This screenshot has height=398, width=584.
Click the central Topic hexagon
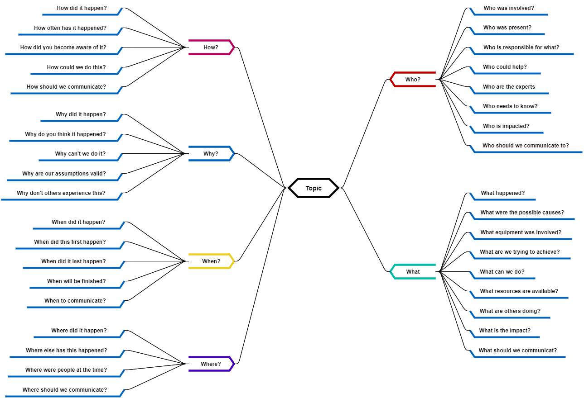coord(314,188)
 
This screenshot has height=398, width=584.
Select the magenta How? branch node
coord(211,47)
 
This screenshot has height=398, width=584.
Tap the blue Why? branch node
coord(211,154)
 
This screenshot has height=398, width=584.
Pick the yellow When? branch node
coord(211,261)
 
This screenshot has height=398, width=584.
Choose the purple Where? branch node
coord(211,364)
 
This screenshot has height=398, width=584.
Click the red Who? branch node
coord(413,79)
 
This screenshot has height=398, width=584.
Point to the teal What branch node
coord(413,272)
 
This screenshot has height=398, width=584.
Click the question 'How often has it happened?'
coord(70,28)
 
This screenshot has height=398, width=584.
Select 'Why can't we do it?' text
coord(80,154)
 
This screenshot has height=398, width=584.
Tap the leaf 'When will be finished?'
coord(76,281)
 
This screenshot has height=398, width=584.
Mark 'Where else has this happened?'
coord(66,351)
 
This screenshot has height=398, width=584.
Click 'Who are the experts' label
coord(509,87)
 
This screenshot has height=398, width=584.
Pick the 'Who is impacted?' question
coord(506,126)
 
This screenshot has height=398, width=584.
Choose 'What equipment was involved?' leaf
coord(521,232)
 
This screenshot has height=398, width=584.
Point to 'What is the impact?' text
coord(505,331)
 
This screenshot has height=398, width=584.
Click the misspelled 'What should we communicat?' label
coord(517,351)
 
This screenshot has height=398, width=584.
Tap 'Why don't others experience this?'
coord(61,193)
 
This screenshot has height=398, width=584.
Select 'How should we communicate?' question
coord(66,87)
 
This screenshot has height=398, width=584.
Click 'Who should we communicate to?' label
coord(526,146)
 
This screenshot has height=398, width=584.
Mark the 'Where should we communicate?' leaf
coord(65,390)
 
